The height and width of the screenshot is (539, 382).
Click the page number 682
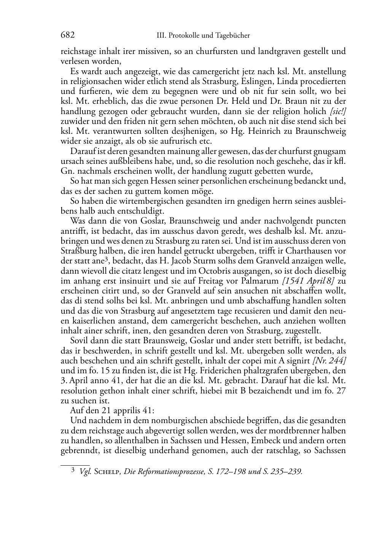[x=67, y=35]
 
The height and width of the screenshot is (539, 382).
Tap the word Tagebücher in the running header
[x=233, y=36]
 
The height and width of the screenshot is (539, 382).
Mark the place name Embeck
[x=272, y=441]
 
